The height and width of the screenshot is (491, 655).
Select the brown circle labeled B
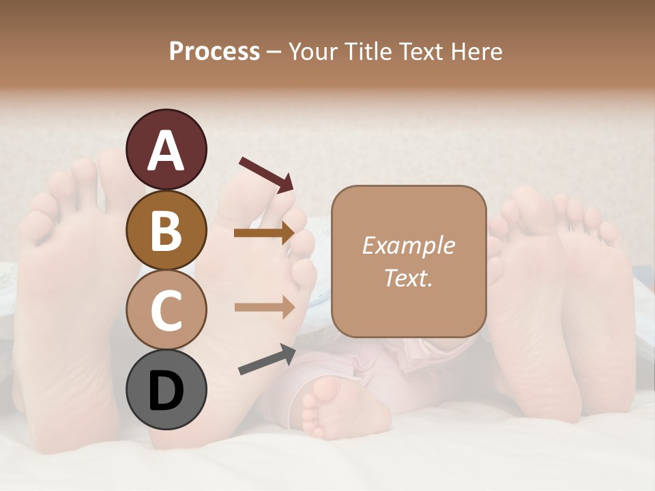click(166, 230)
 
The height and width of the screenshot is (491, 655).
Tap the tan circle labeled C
click(166, 310)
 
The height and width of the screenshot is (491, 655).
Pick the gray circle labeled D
click(166, 390)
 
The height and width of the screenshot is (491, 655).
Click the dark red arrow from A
click(266, 175)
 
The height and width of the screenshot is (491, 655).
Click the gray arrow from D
click(267, 360)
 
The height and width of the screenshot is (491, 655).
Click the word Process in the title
click(214, 52)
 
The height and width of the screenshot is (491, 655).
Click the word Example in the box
click(408, 245)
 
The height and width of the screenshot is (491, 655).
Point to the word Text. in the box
click(408, 278)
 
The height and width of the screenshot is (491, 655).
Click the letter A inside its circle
click(166, 151)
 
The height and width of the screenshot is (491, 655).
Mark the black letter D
click(166, 391)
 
